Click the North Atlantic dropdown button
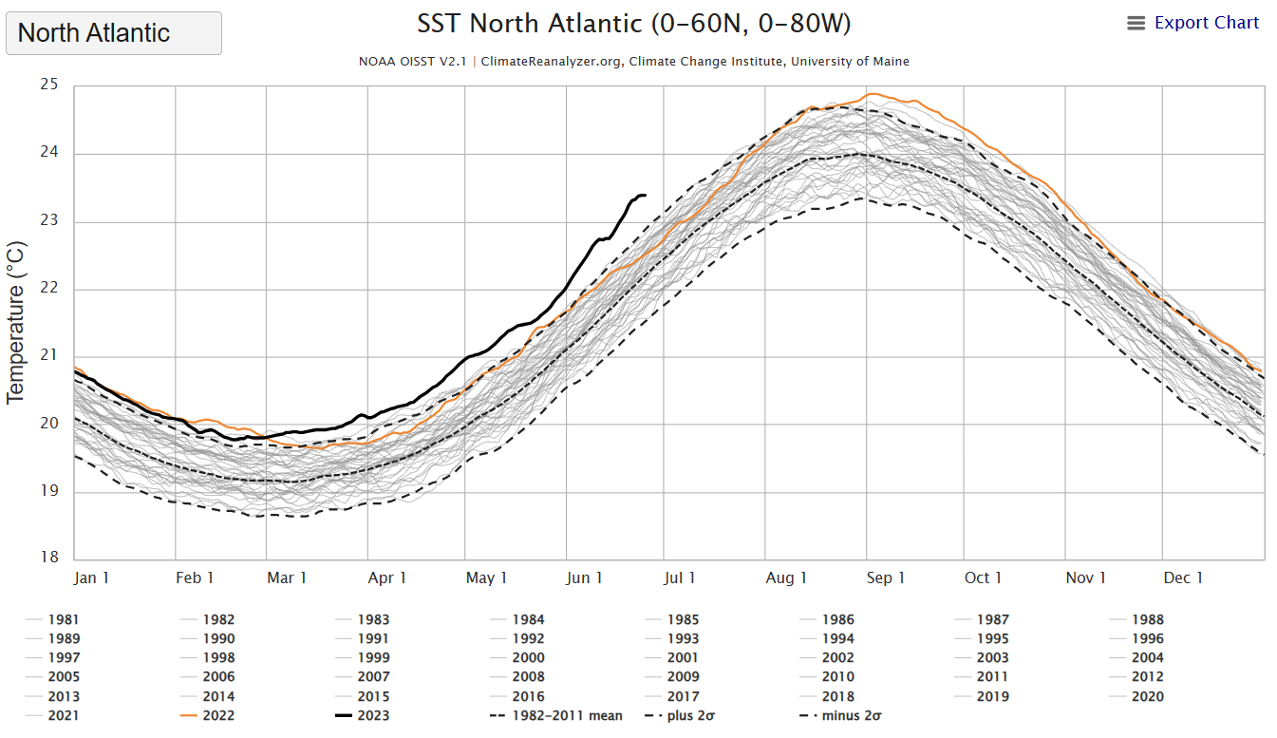tap(114, 33)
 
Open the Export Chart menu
tap(1193, 23)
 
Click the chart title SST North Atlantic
tap(634, 23)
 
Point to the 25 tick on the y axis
tap(49, 85)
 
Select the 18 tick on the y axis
tap(49, 558)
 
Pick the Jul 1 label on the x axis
tap(680, 577)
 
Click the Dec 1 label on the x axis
tap(1184, 577)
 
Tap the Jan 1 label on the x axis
tap(92, 577)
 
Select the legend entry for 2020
tap(1147, 696)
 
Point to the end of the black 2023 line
tap(646, 196)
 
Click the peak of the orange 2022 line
tap(870, 94)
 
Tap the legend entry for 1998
tap(218, 657)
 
